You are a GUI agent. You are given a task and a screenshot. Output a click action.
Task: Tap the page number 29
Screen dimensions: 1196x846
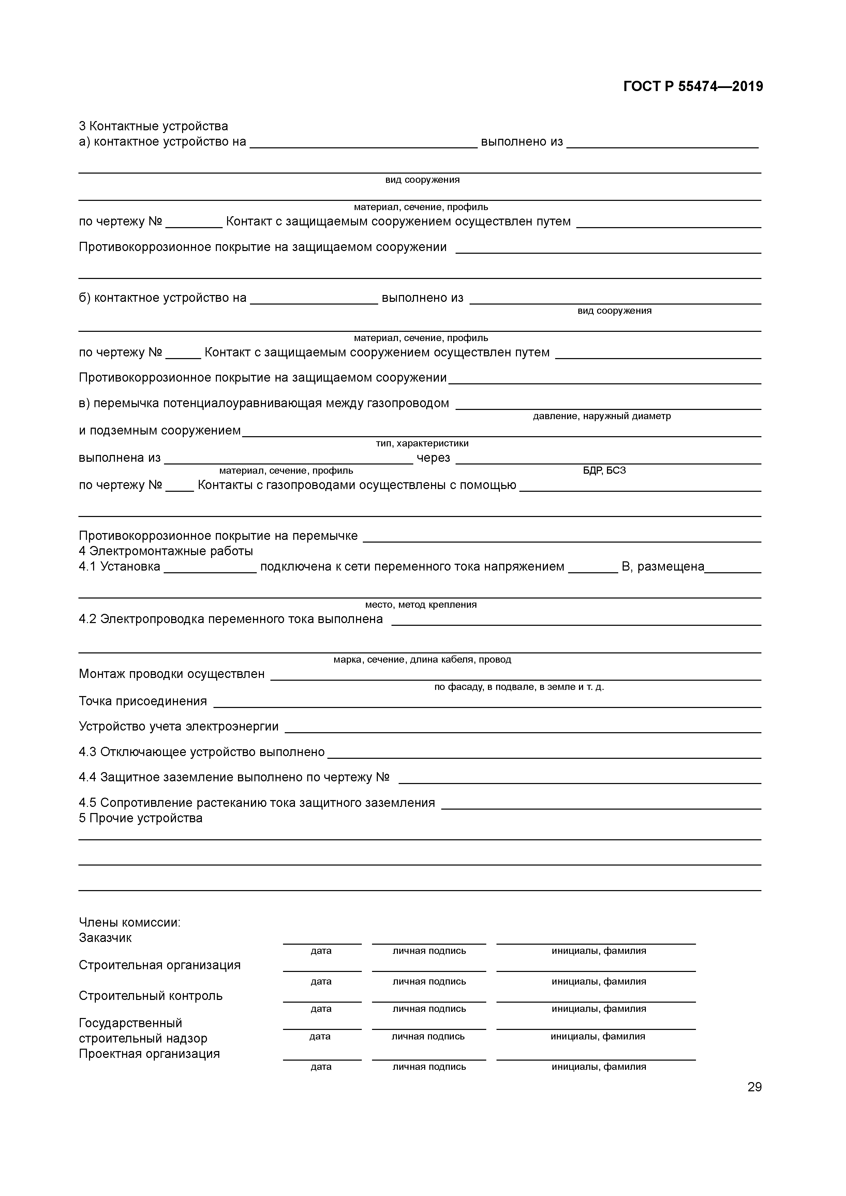(754, 1087)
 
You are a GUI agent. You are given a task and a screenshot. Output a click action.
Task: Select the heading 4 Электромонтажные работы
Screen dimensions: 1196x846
(166, 551)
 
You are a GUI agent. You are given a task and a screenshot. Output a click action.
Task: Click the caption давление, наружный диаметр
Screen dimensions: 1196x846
(602, 416)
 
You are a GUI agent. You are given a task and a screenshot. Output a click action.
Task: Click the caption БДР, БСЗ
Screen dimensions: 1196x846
(604, 470)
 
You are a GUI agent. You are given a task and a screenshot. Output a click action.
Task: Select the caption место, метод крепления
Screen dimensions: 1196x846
(421, 605)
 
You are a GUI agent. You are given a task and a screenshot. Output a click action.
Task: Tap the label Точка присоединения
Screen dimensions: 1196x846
(143, 701)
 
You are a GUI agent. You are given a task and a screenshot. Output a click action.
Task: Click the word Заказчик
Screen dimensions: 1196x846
(105, 937)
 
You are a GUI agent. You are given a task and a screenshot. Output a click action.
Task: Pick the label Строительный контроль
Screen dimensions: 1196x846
(151, 995)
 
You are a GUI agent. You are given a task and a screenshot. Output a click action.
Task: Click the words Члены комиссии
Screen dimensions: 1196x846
(130, 922)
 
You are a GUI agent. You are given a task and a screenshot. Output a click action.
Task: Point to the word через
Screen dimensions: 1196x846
(433, 458)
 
